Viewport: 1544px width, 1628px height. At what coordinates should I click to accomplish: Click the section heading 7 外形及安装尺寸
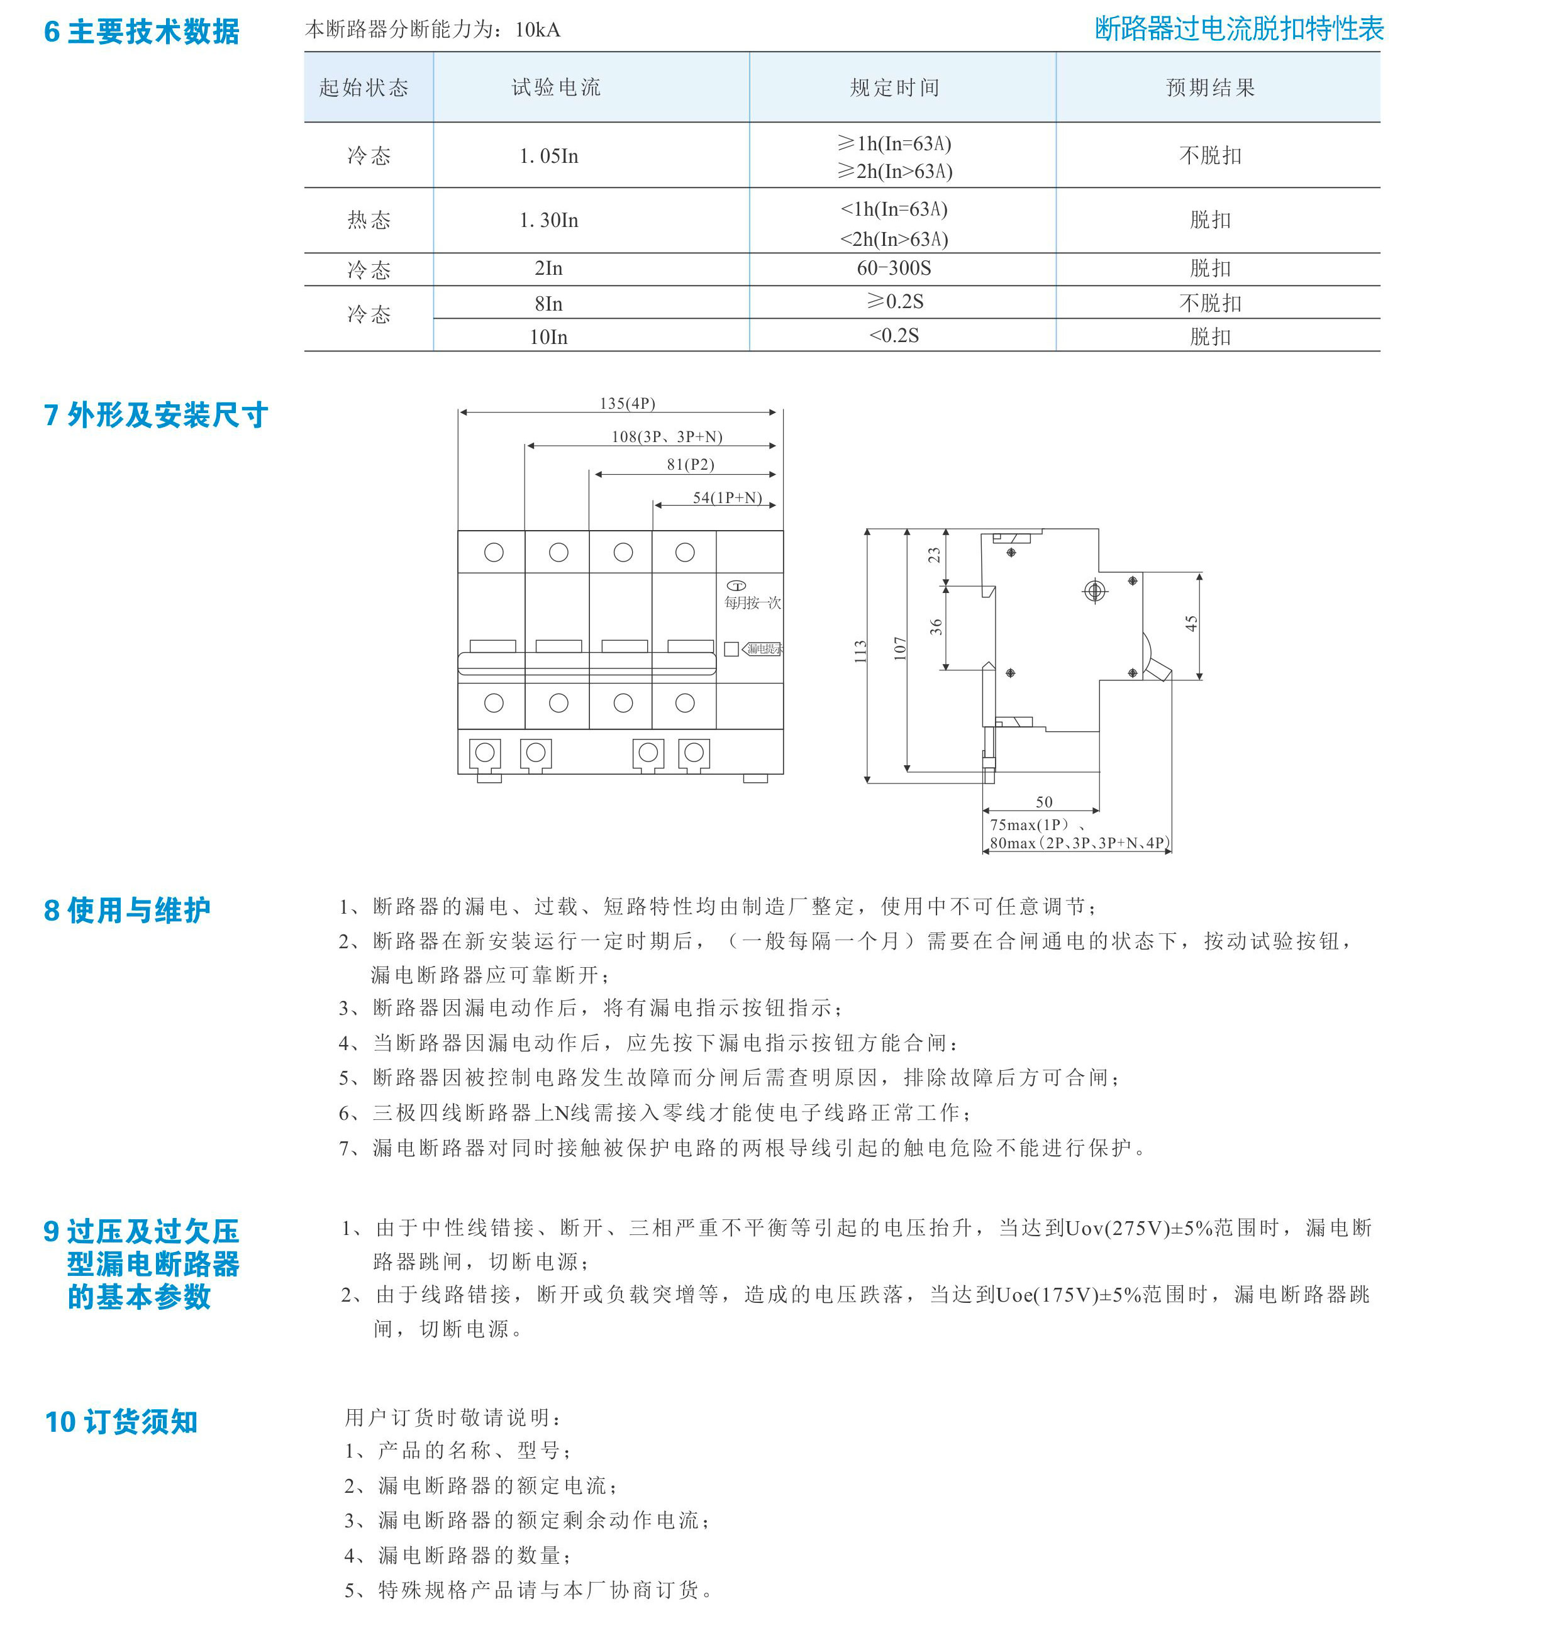(155, 416)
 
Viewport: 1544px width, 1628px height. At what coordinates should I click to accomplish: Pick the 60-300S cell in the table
(894, 269)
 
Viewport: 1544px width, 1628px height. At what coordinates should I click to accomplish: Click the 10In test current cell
(548, 336)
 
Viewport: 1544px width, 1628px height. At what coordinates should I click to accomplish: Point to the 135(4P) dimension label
(627, 403)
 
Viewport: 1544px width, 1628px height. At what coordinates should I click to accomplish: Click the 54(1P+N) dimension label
(727, 498)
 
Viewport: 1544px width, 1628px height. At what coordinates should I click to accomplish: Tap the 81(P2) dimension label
(690, 464)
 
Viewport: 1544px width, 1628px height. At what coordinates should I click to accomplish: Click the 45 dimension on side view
(1191, 624)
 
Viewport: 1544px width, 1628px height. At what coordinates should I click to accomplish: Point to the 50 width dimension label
(1043, 802)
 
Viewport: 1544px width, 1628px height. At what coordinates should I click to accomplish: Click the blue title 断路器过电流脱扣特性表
(1238, 30)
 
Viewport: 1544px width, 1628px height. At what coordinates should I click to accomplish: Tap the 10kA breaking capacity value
(538, 30)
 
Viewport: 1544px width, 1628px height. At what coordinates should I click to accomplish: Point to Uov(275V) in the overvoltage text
(1117, 1229)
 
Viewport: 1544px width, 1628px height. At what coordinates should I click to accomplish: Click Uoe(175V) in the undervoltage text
(1047, 1295)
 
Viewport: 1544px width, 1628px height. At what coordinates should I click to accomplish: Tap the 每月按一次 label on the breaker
(752, 603)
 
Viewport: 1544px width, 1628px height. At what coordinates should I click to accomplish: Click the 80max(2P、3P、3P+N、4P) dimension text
(1078, 843)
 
